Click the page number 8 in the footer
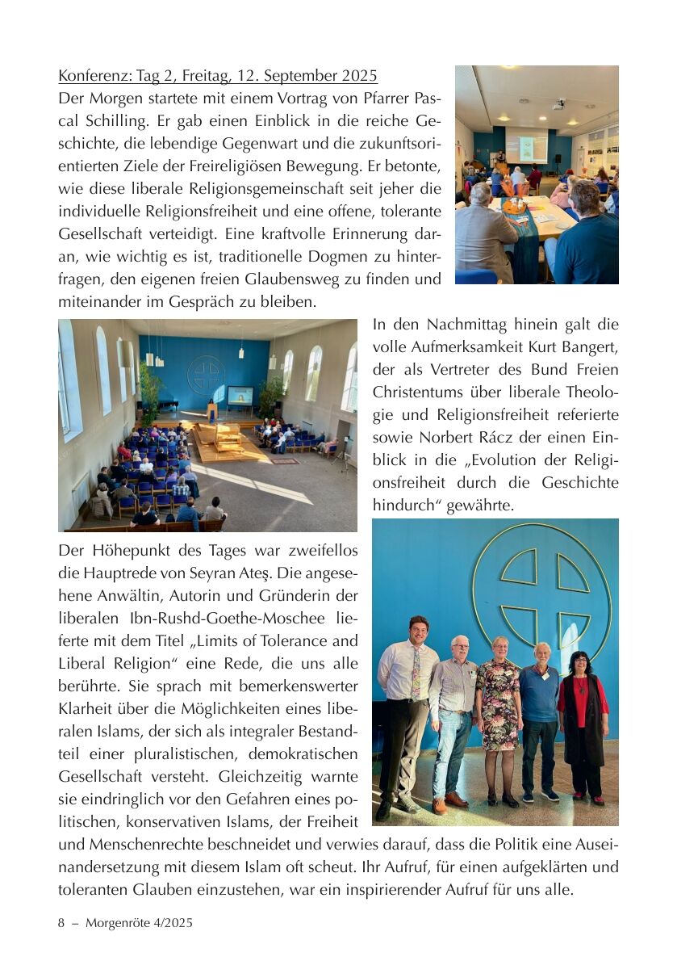61,922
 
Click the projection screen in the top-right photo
525,147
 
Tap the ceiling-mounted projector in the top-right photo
558,105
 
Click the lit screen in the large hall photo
240,396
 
